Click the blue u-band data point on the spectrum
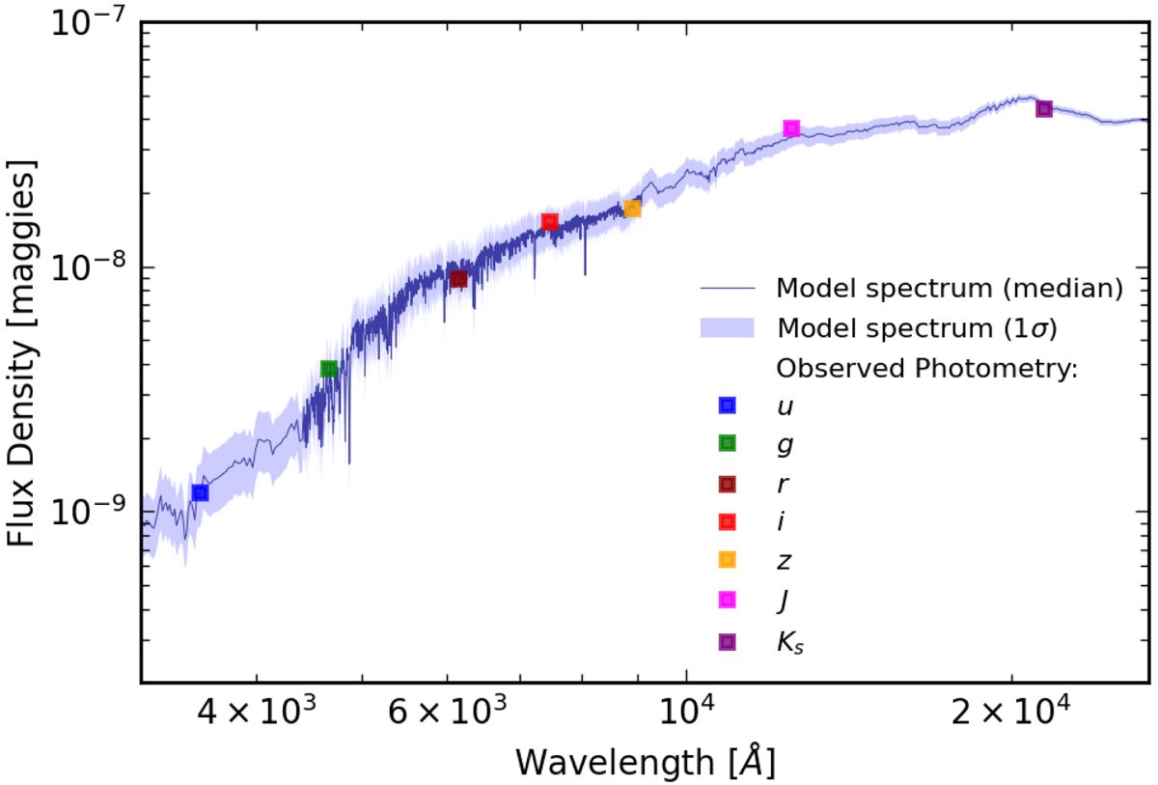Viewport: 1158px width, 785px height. click(x=200, y=492)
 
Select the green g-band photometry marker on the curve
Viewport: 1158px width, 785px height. click(x=329, y=369)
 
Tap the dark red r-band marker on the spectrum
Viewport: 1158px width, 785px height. click(x=458, y=279)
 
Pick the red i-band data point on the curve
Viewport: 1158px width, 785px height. click(x=550, y=222)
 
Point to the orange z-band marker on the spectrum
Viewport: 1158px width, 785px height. click(x=632, y=209)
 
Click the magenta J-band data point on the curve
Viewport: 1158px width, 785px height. click(x=791, y=128)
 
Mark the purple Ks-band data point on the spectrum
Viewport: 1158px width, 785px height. click(x=1043, y=108)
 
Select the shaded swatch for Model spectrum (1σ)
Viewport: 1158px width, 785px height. click(x=726, y=327)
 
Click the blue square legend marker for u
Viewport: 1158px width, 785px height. click(x=727, y=407)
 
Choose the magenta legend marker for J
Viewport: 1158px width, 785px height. click(x=727, y=600)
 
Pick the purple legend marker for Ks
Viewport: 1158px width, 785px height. click(x=727, y=641)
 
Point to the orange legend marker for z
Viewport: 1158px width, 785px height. click(x=727, y=559)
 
